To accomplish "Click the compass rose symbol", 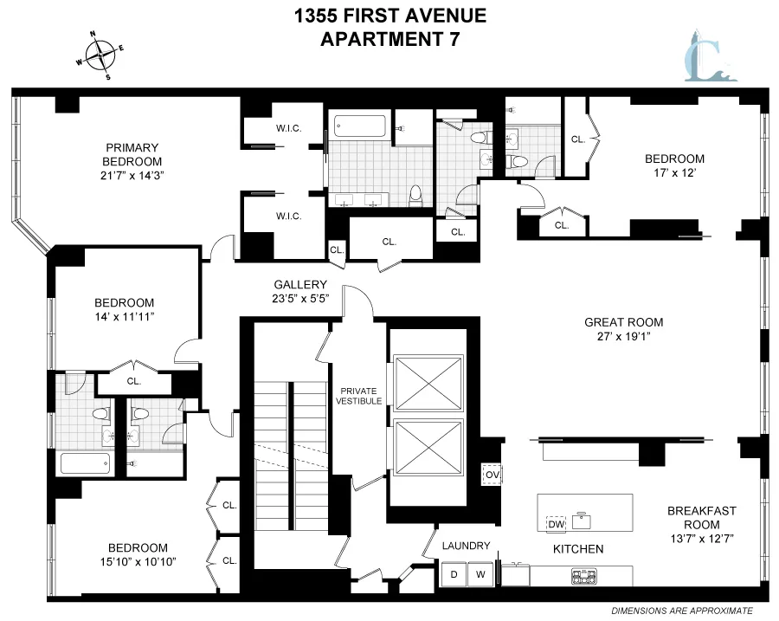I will [101, 55].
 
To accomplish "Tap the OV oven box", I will [492, 475].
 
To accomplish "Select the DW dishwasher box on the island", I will [557, 523].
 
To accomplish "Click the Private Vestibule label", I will [359, 395].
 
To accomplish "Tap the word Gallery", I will [300, 285].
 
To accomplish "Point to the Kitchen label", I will [578, 549].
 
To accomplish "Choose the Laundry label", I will [466, 546].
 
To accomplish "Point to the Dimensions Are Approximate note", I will [676, 611].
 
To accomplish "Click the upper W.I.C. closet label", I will [288, 129].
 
